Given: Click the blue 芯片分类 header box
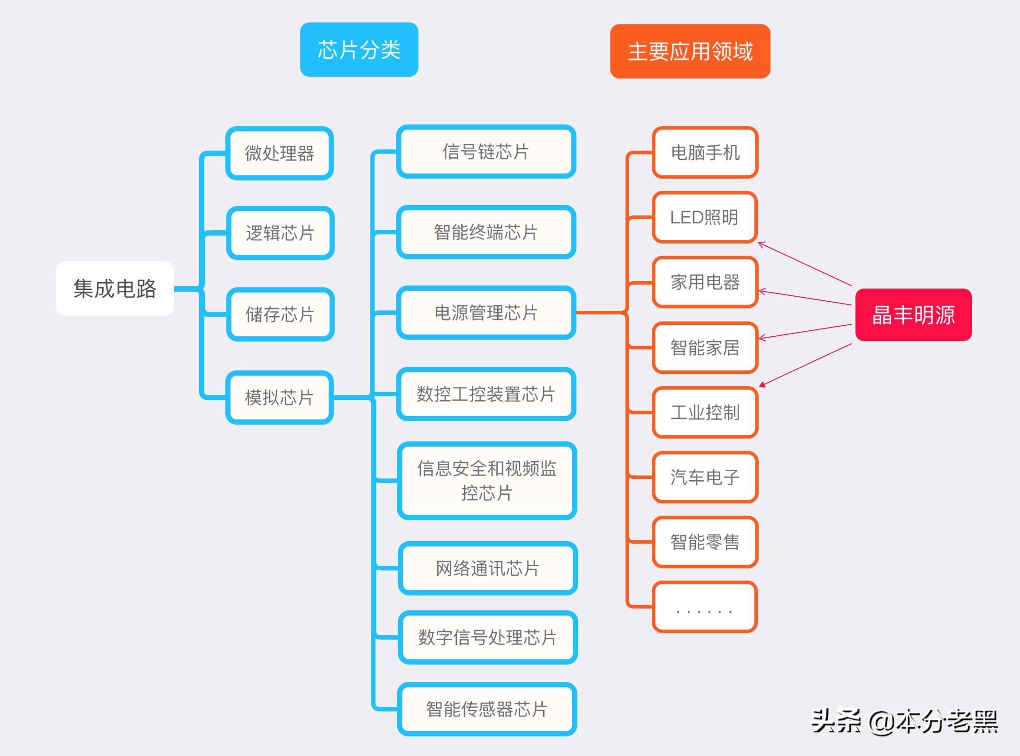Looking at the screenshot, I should [x=359, y=50].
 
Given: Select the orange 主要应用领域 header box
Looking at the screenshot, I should [x=690, y=51].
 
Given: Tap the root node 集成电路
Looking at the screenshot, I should [x=115, y=288].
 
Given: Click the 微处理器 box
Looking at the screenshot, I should [x=279, y=153].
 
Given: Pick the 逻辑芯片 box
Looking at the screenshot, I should [x=280, y=233].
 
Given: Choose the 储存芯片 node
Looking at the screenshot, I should [x=280, y=314].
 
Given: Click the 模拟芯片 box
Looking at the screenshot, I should [x=279, y=397].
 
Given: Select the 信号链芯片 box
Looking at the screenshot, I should [x=486, y=151].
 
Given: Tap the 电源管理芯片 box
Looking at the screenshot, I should [x=486, y=313].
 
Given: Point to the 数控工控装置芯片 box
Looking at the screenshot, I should [x=486, y=394].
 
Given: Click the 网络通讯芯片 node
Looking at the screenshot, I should [x=488, y=568].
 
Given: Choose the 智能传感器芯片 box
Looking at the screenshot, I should [x=487, y=709].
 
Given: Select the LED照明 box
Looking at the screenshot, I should [x=705, y=217].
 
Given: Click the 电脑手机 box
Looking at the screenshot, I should [x=705, y=152].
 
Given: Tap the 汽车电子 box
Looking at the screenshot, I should [x=705, y=477].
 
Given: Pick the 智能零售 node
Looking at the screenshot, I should [x=705, y=542].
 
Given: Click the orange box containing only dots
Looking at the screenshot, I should [x=705, y=607].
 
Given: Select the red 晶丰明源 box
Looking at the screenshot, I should [x=913, y=315].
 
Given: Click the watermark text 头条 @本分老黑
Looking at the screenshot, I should [x=904, y=721].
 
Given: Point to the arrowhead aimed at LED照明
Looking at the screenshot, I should [x=761, y=244].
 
